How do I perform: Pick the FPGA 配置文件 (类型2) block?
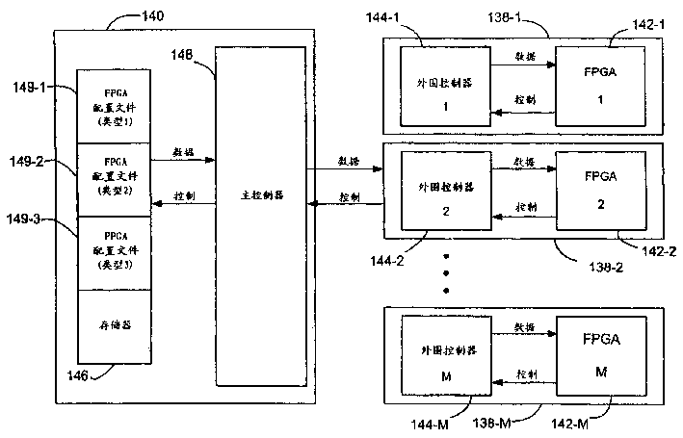(113, 179)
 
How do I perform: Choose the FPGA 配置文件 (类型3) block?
(113, 252)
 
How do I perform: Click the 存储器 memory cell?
(113, 326)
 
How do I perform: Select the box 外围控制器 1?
(433, 89)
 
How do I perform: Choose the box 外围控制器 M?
(433, 356)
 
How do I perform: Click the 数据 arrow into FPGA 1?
(520, 66)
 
